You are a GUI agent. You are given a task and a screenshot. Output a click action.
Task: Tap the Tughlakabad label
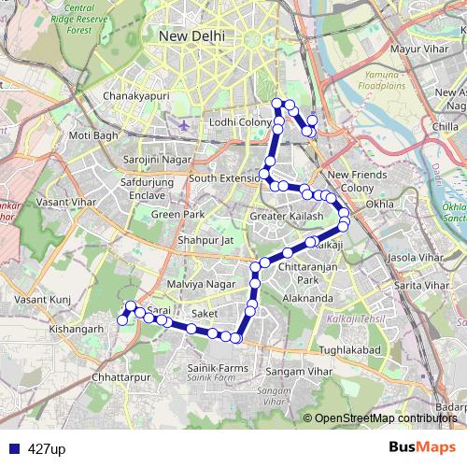point(347,349)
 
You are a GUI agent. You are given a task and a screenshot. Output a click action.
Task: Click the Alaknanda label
point(306,298)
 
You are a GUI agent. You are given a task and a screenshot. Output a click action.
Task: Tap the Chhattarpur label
point(121,376)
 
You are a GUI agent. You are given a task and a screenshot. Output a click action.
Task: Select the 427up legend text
point(47,449)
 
